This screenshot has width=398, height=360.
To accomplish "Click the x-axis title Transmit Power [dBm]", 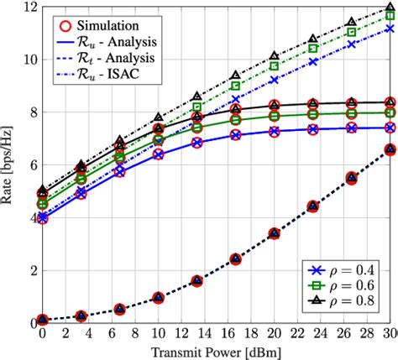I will point(217,352).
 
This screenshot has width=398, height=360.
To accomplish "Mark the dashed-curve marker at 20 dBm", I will point(275,232).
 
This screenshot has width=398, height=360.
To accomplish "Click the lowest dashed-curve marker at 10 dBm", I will point(159,297).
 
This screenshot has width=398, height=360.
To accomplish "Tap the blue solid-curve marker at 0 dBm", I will point(42,217).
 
